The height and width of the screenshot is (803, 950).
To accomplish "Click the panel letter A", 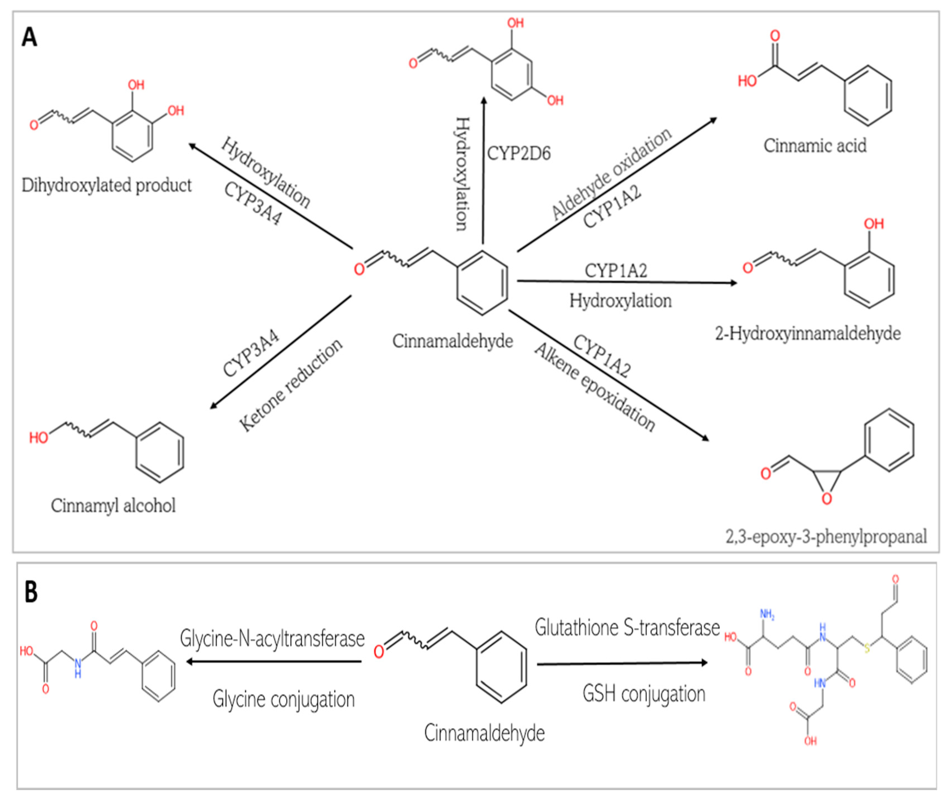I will pos(29,37).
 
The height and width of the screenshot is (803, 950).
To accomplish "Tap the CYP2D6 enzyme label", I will pos(519,153).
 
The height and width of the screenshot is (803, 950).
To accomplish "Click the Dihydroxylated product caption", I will pos(107,185).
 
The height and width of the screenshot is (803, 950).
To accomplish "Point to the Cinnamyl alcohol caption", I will pos(113,505).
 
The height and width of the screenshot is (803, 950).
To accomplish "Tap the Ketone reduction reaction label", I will pos(290,385).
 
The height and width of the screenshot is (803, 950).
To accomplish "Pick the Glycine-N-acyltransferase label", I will pos(272,639).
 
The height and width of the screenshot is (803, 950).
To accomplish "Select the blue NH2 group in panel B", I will pos(767,615).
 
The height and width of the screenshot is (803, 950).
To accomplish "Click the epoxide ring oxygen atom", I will pos(827,499).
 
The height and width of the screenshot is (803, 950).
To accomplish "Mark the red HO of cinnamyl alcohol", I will pos(39,438).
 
